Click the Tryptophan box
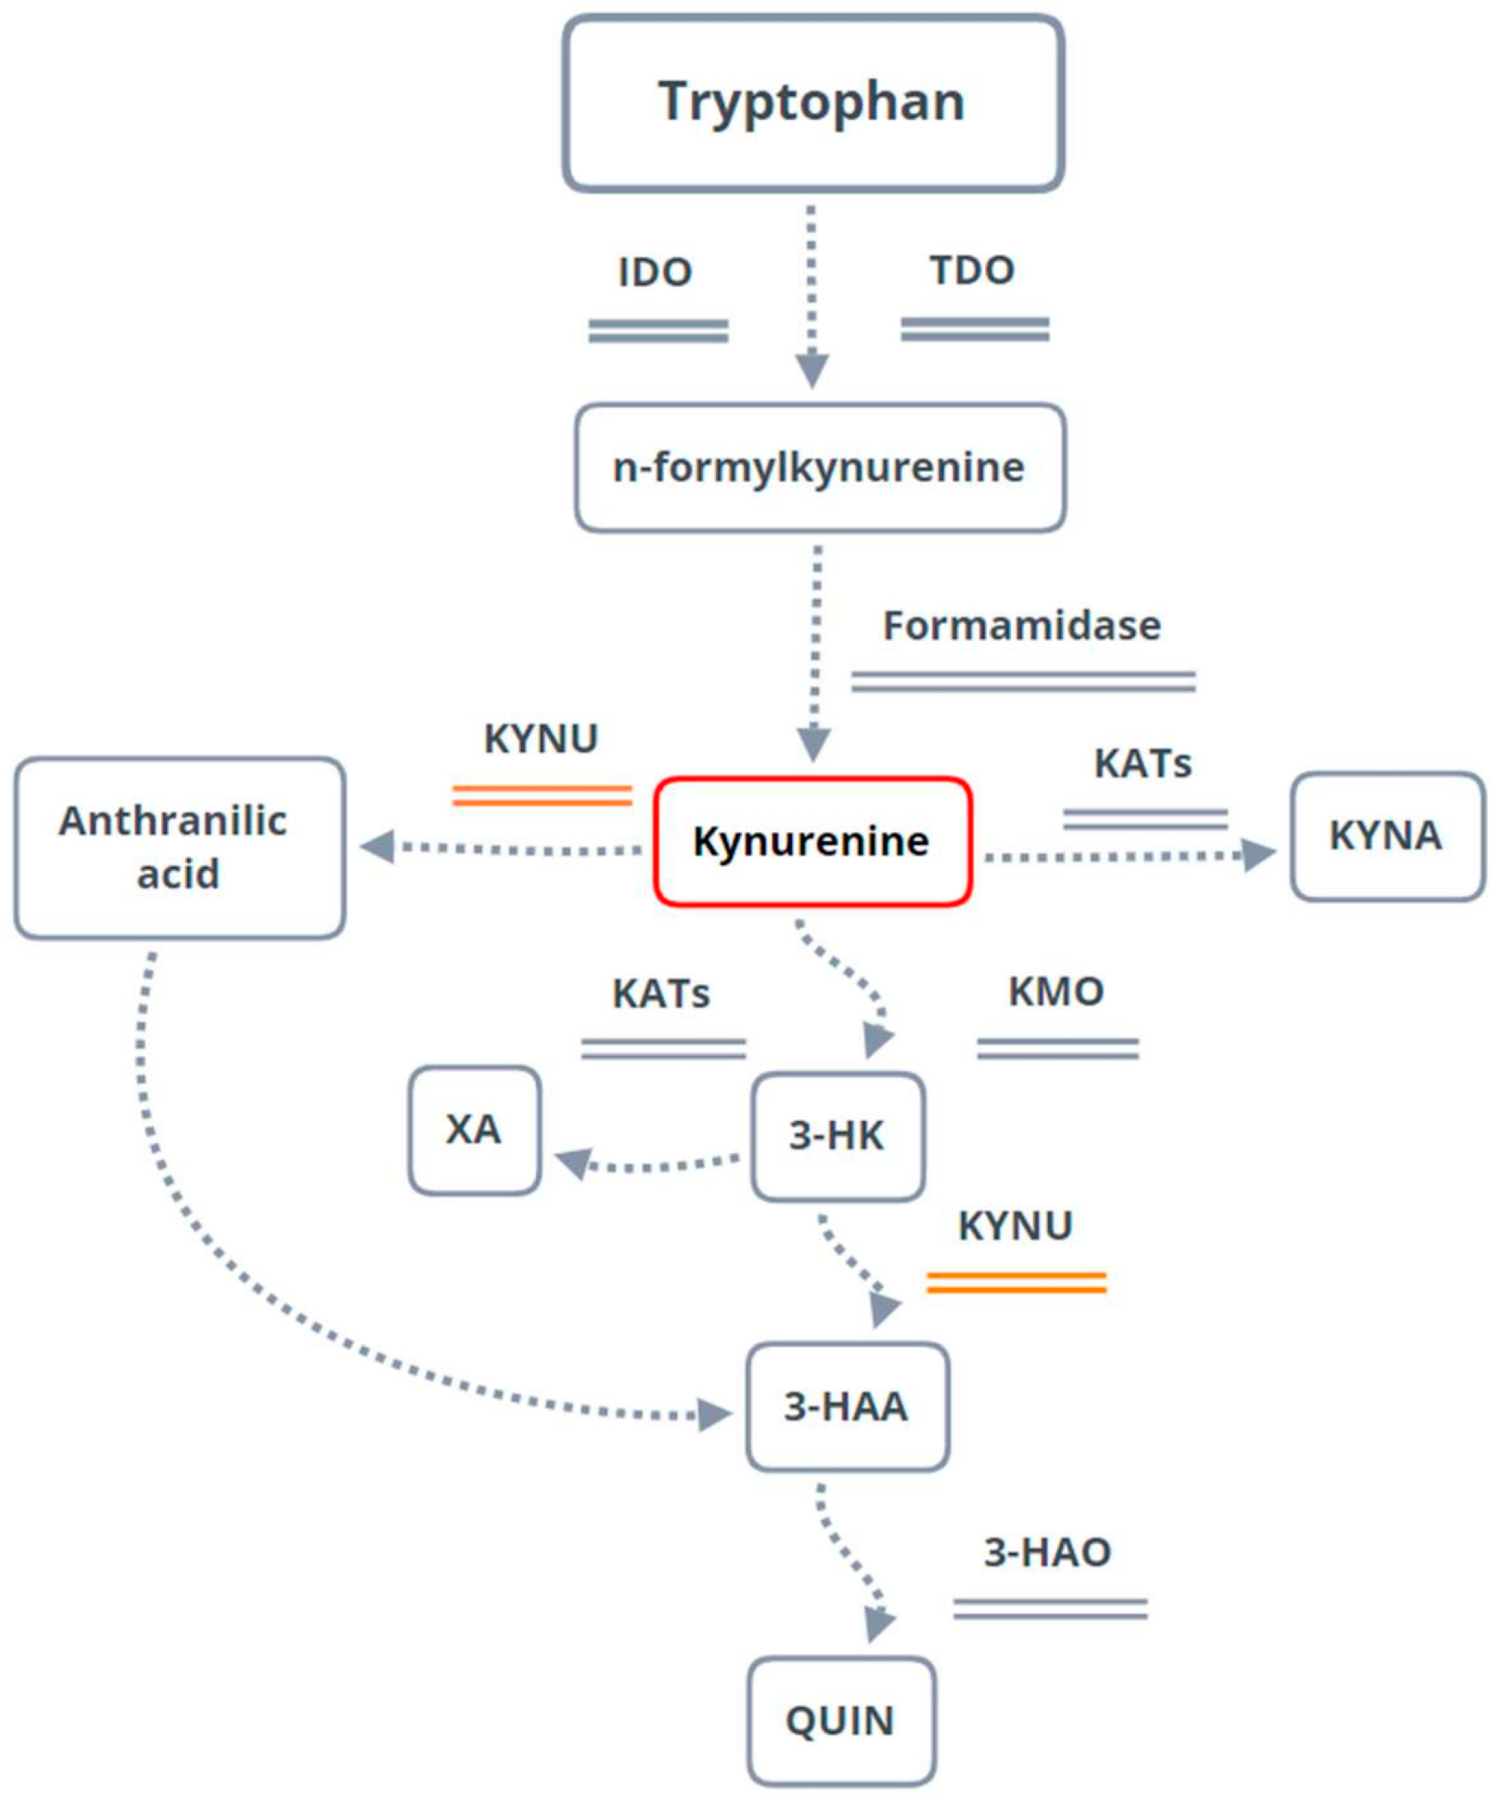(812, 103)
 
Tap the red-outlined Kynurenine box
(812, 842)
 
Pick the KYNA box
(1386, 836)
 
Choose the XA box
(474, 1130)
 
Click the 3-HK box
(837, 1136)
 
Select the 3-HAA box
(847, 1406)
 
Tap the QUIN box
(841, 1721)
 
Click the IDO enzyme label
(655, 272)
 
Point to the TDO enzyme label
(972, 270)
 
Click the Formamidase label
(1022, 625)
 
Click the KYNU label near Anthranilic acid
(541, 738)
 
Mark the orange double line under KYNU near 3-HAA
(1016, 1283)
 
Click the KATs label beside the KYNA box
(1143, 763)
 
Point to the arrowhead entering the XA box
(573, 1163)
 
